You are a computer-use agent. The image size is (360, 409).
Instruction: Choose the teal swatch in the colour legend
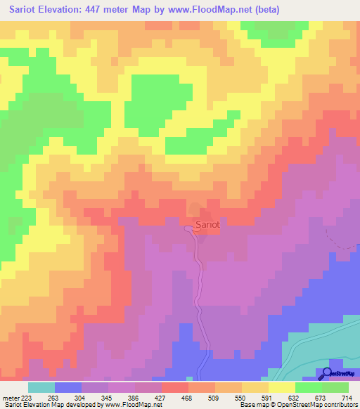tap(41, 387)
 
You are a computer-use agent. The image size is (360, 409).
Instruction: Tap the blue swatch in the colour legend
tap(68, 387)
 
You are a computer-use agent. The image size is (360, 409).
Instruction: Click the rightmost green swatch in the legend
tap(335, 387)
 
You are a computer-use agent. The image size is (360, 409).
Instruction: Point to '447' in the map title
tap(108, 11)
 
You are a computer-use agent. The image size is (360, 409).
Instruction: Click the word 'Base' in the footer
tap(247, 405)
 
